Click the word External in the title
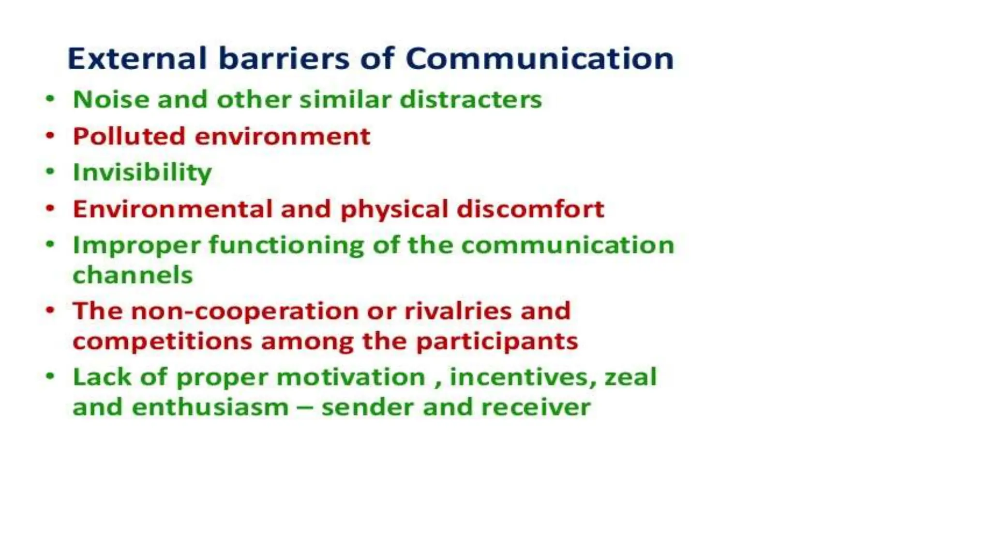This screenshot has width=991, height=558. pos(137,59)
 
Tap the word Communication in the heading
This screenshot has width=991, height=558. pos(539,59)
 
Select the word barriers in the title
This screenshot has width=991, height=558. pos(284,59)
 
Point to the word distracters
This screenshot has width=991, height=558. pos(470,100)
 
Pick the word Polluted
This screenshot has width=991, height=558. pos(129,136)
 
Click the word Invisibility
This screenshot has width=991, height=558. pos(142,172)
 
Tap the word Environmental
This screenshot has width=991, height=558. pos(173,209)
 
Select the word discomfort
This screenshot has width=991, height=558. pos(530,209)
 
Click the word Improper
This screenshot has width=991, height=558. pos(136,246)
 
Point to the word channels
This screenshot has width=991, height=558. pos(133,275)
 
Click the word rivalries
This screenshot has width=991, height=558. pos(458,311)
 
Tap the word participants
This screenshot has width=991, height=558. pos(497,341)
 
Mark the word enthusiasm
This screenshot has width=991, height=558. pos(210,407)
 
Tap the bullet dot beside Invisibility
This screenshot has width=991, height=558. pos(50,171)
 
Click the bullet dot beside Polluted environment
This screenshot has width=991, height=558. pos(50,135)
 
